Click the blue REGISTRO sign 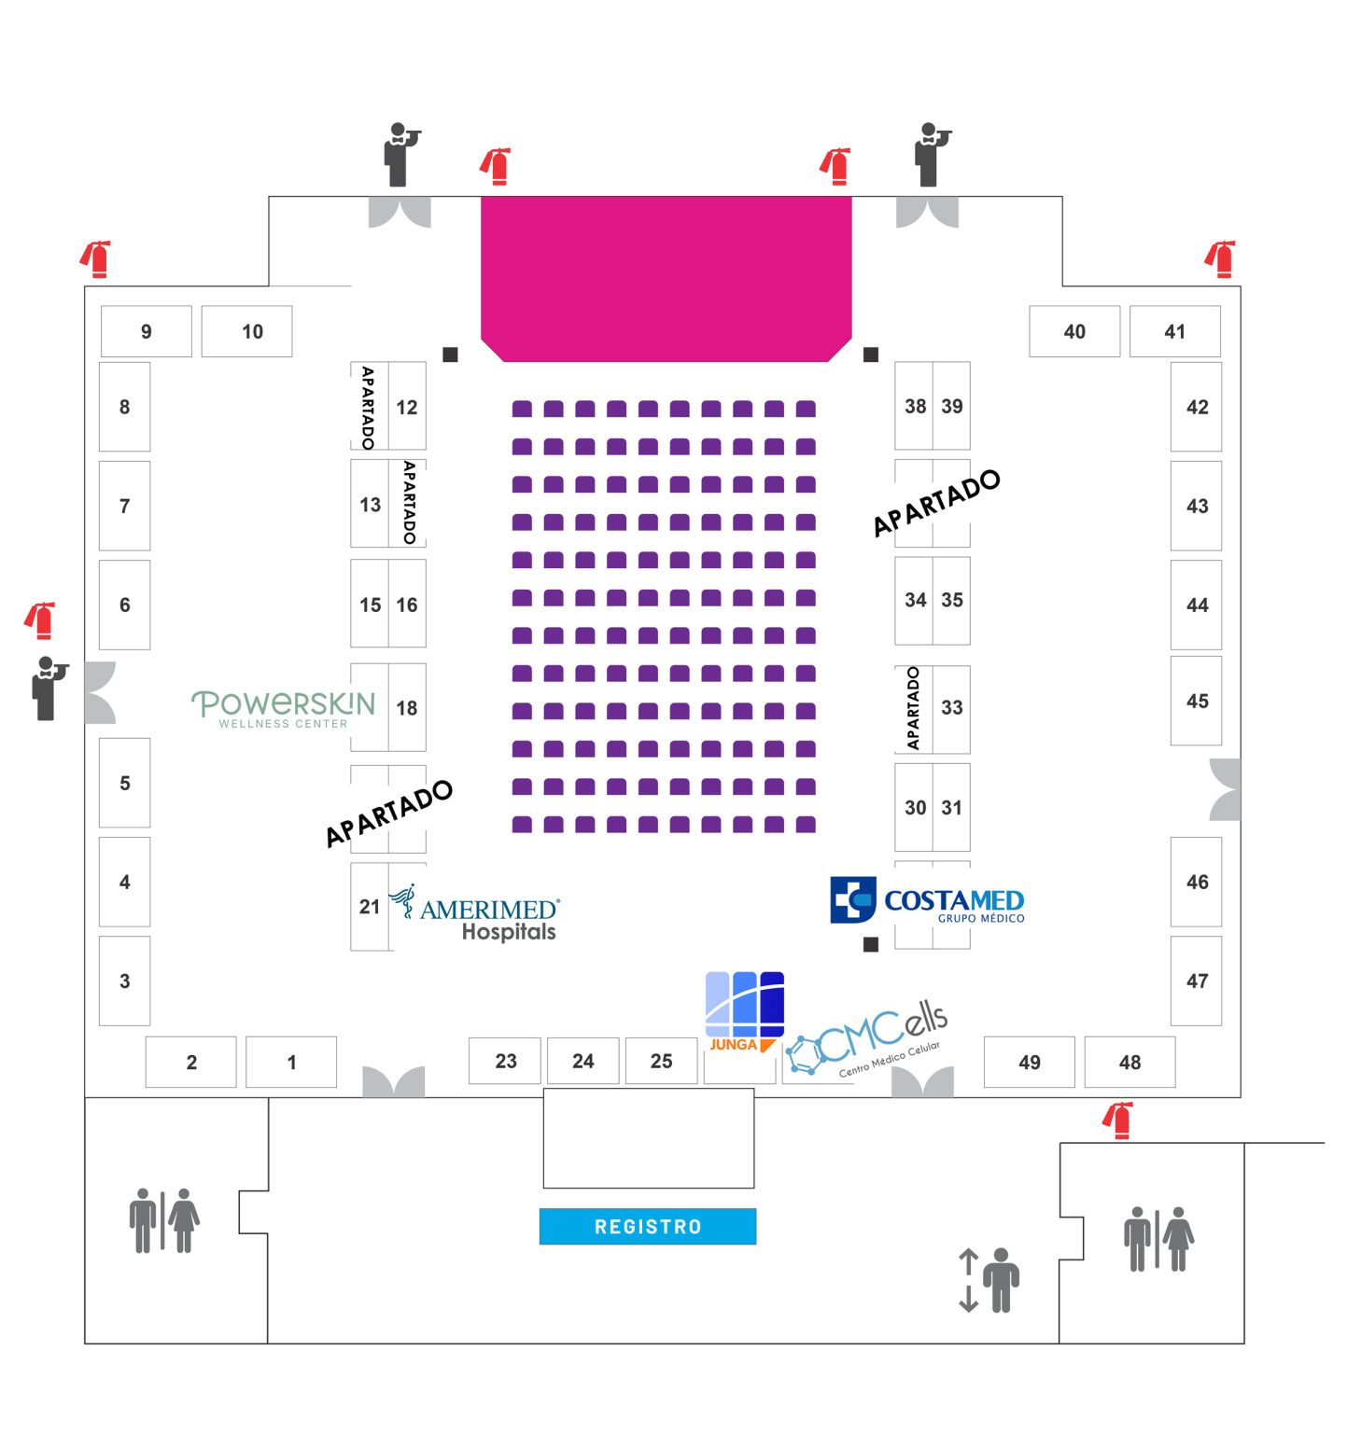(x=647, y=1226)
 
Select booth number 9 (x=146, y=331)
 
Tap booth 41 (x=1174, y=331)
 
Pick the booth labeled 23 (x=505, y=1061)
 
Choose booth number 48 (x=1130, y=1062)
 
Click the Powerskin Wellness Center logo (x=283, y=708)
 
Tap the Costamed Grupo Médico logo (x=926, y=901)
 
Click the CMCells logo (x=868, y=1040)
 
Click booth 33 (x=951, y=707)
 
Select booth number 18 (x=407, y=708)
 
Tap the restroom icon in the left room (x=164, y=1219)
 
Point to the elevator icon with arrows (x=989, y=1279)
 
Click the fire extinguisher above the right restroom (x=1118, y=1120)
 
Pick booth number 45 (x=1197, y=701)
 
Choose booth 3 (x=124, y=981)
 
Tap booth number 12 (x=407, y=407)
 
